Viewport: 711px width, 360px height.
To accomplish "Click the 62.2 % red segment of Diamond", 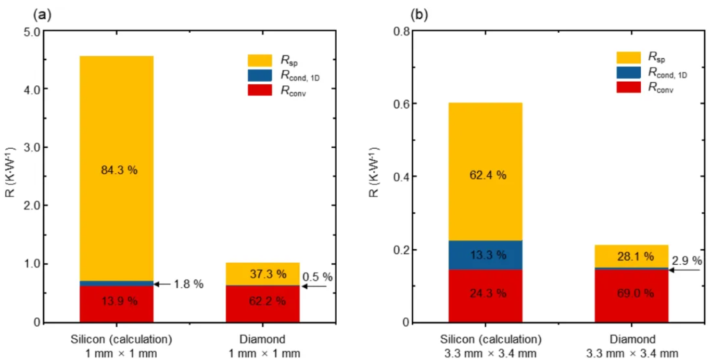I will tap(262, 304).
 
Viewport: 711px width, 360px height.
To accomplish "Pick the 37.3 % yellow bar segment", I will tap(262, 274).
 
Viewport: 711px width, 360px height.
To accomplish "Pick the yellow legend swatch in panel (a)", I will tap(260, 60).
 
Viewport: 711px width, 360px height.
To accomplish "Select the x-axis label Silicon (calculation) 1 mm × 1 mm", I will tap(121, 346).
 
